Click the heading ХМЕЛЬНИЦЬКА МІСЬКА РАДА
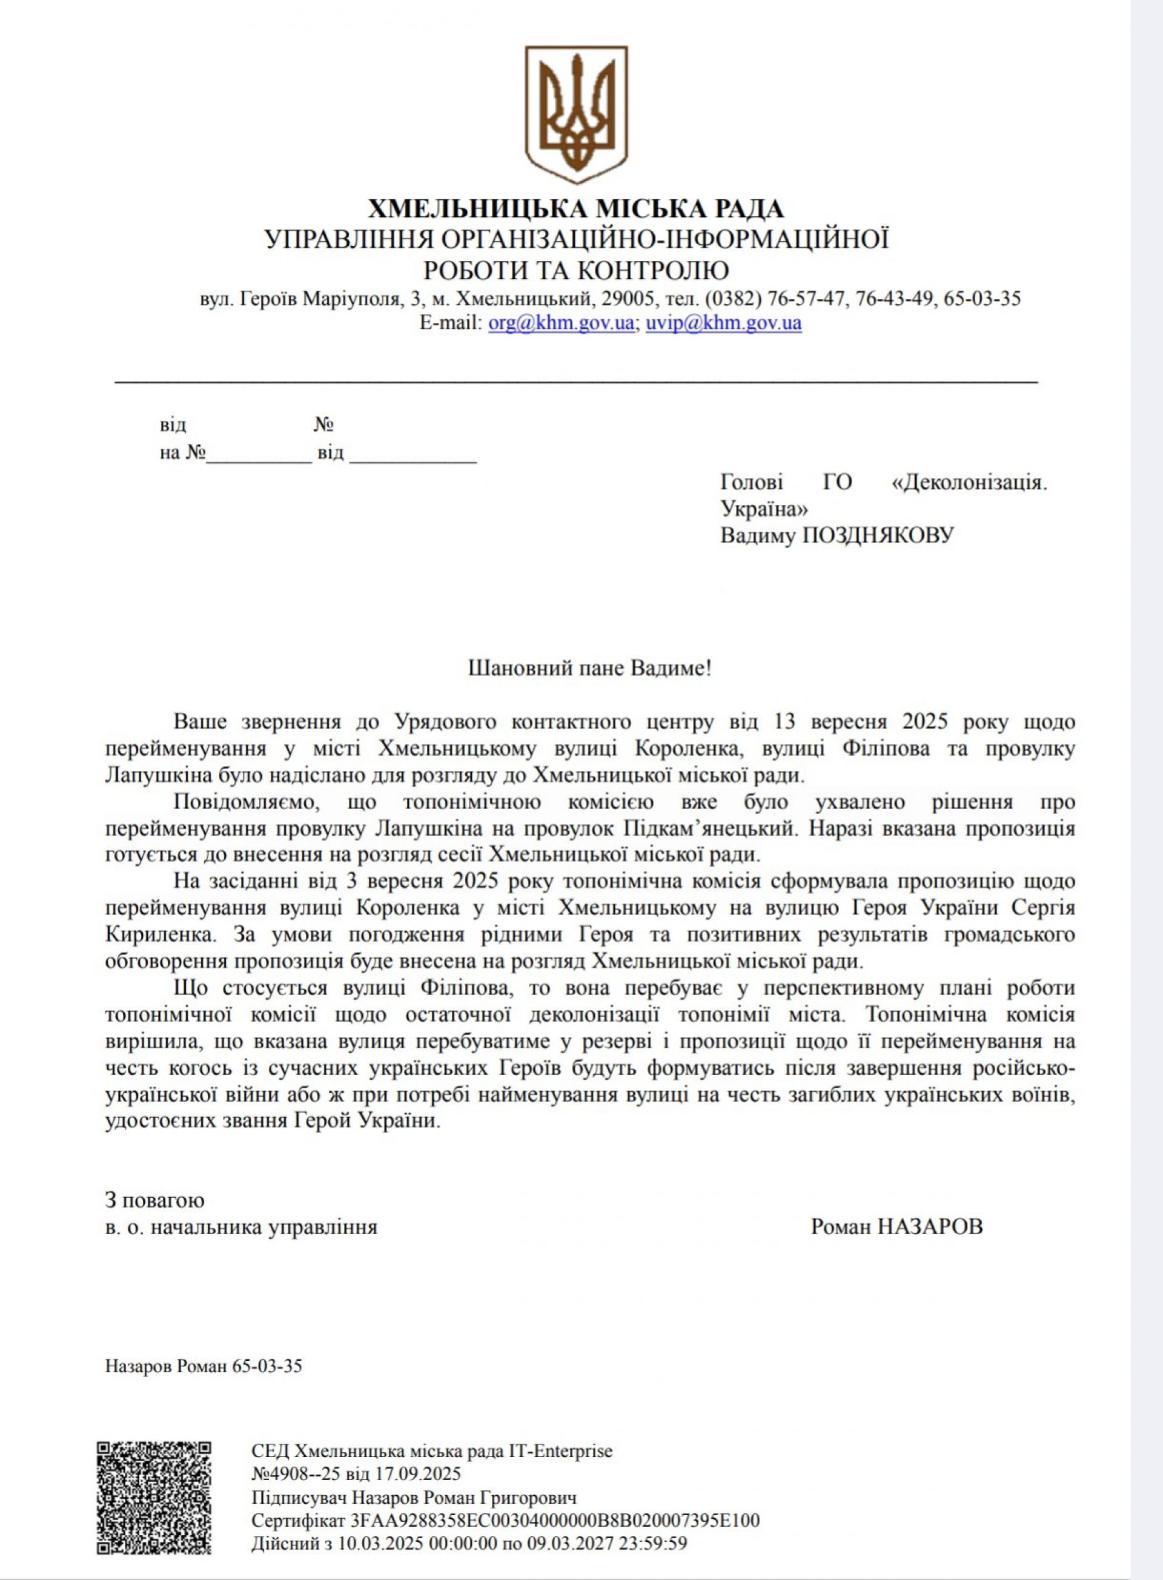click(577, 209)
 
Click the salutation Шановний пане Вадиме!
click(590, 668)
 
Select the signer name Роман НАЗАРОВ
click(896, 1227)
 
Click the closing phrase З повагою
click(154, 1199)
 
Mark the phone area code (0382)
click(732, 299)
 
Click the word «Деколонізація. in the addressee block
click(969, 482)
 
